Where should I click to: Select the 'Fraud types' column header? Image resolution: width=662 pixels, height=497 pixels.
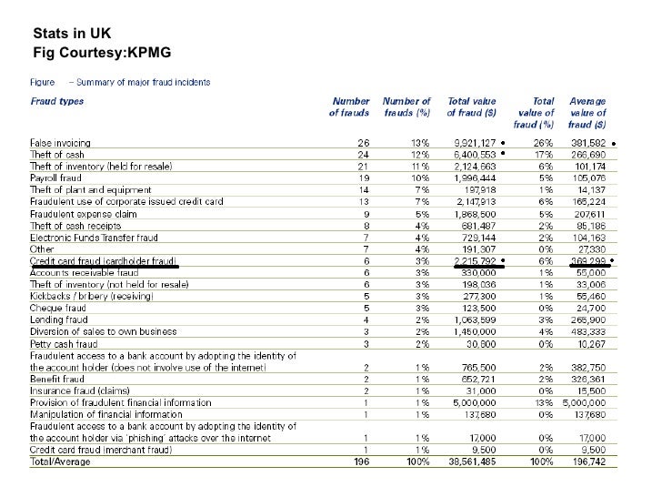(57, 101)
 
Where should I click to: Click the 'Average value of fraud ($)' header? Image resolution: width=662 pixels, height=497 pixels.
(589, 112)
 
